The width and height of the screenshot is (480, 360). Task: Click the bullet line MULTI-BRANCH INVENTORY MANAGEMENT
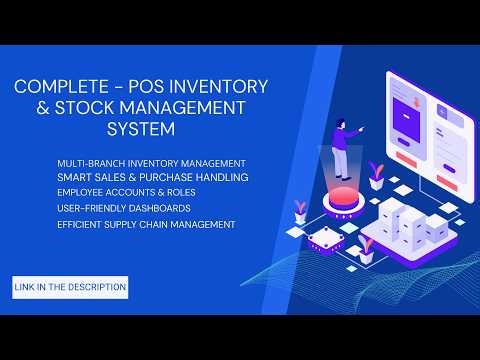(x=152, y=162)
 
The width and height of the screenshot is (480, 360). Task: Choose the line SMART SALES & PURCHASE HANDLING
(x=153, y=177)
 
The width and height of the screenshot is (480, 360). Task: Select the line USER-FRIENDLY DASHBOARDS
(x=125, y=208)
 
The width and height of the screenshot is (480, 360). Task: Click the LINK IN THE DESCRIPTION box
(x=70, y=287)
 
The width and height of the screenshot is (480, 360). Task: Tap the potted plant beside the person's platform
(x=375, y=176)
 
